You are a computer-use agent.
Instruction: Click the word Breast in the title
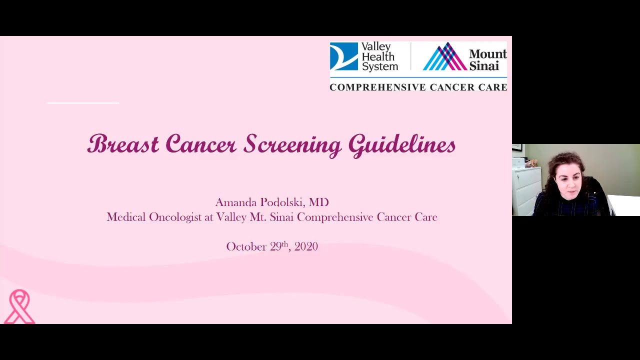pyautogui.click(x=123, y=144)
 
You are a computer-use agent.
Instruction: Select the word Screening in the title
pyautogui.click(x=292, y=145)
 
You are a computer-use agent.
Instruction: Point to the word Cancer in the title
pyautogui.click(x=200, y=144)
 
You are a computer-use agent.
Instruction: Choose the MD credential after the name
pyautogui.click(x=318, y=202)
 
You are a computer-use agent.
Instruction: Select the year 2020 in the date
pyautogui.click(x=306, y=246)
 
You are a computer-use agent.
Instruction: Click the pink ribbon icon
pyautogui.click(x=20, y=306)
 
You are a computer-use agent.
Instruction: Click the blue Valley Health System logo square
pyautogui.click(x=343, y=56)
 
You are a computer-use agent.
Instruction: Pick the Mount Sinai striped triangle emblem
pyautogui.click(x=444, y=56)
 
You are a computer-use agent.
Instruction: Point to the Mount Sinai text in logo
pyautogui.click(x=487, y=59)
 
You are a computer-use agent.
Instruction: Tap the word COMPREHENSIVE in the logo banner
pyautogui.click(x=375, y=87)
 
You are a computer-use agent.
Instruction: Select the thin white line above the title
pyautogui.click(x=82, y=103)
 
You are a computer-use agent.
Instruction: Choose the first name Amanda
pyautogui.click(x=236, y=202)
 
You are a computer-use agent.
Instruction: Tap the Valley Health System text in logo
pyautogui.click(x=379, y=56)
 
